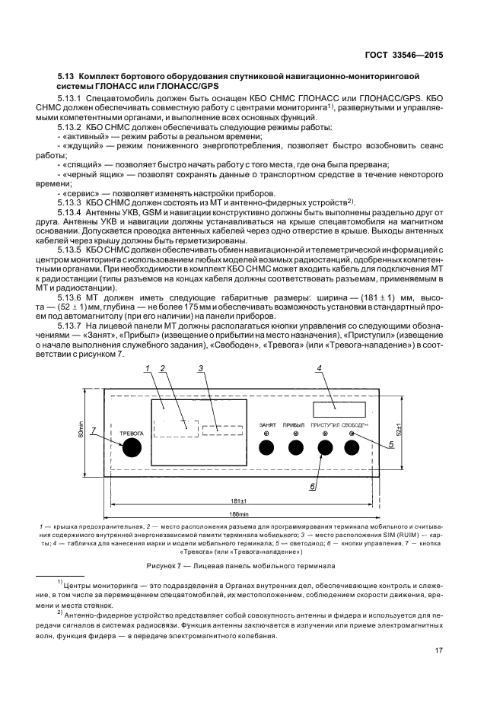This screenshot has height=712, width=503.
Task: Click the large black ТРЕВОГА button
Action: point(132,447)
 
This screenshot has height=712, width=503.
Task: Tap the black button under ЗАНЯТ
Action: point(267,447)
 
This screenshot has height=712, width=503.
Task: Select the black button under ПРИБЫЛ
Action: point(294,447)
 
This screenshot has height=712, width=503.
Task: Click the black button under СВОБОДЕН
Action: point(352,447)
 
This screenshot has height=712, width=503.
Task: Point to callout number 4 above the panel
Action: point(320,369)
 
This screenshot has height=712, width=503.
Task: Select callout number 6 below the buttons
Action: point(312,485)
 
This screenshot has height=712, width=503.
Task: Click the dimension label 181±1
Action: point(237,500)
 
